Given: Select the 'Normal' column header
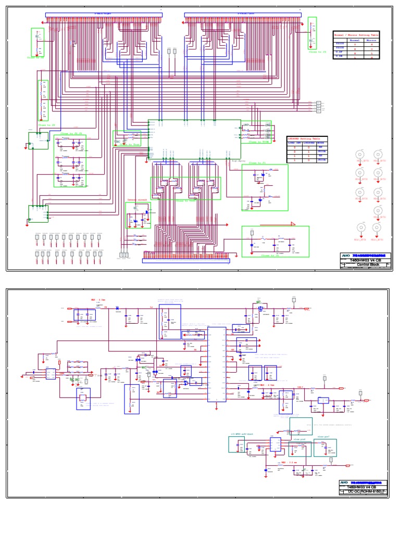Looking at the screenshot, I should coord(354,40).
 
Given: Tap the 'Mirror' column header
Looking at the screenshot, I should coord(371,40).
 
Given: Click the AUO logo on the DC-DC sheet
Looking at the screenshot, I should coord(345,483).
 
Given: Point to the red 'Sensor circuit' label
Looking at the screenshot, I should coord(137,199).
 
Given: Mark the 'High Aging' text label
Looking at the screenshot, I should coord(238,161).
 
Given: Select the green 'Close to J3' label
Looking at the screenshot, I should coord(317,52).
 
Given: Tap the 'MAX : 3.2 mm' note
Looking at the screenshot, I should coord(290,462).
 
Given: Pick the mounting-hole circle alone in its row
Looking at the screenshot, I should coord(379,210).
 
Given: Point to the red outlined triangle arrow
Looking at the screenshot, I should coord(293,224).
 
